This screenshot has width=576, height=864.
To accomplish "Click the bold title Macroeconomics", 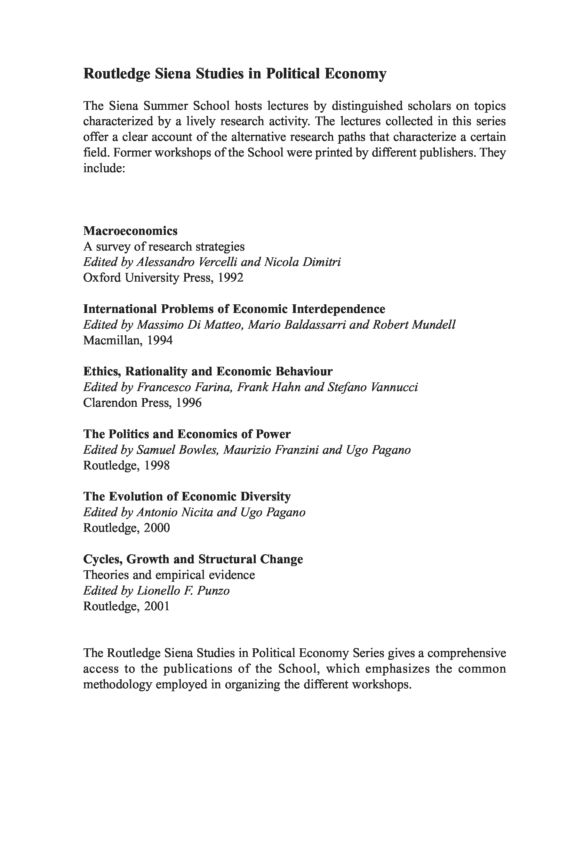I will click(131, 231).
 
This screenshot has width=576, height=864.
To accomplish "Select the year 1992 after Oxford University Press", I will click(230, 277).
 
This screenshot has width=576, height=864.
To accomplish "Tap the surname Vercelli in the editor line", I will click(218, 262).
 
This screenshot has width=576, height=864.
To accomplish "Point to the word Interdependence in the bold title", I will click(338, 309).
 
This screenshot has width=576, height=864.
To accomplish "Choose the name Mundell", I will click(434, 325).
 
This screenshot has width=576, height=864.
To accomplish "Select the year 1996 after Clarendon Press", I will click(189, 403).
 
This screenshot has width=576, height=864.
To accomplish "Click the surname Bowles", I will click(199, 450).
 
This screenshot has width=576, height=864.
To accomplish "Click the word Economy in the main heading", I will click(355, 74).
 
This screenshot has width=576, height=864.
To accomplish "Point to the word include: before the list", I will click(105, 168).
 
